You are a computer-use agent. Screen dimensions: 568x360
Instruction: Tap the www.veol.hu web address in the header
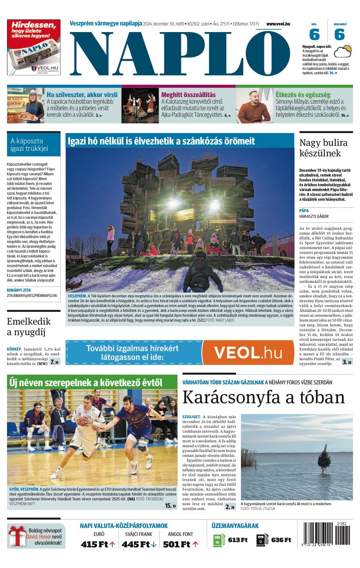pos(278,24)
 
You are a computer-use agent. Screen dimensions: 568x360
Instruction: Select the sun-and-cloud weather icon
pos(342,51)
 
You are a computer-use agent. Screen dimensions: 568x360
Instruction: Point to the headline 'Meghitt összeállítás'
pos(188,94)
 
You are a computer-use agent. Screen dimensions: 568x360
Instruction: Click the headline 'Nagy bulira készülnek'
pos(323,148)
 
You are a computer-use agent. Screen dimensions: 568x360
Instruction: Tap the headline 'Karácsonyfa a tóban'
pos(263,397)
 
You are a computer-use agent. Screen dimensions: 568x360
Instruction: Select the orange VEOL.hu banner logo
pos(248,352)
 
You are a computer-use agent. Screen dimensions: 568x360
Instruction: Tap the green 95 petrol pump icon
pos(219,540)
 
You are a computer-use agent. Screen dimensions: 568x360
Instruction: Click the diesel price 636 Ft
pos(281,540)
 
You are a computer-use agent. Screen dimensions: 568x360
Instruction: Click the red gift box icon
pos(18,536)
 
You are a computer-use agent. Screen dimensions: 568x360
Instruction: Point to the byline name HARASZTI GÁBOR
pos(314,216)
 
